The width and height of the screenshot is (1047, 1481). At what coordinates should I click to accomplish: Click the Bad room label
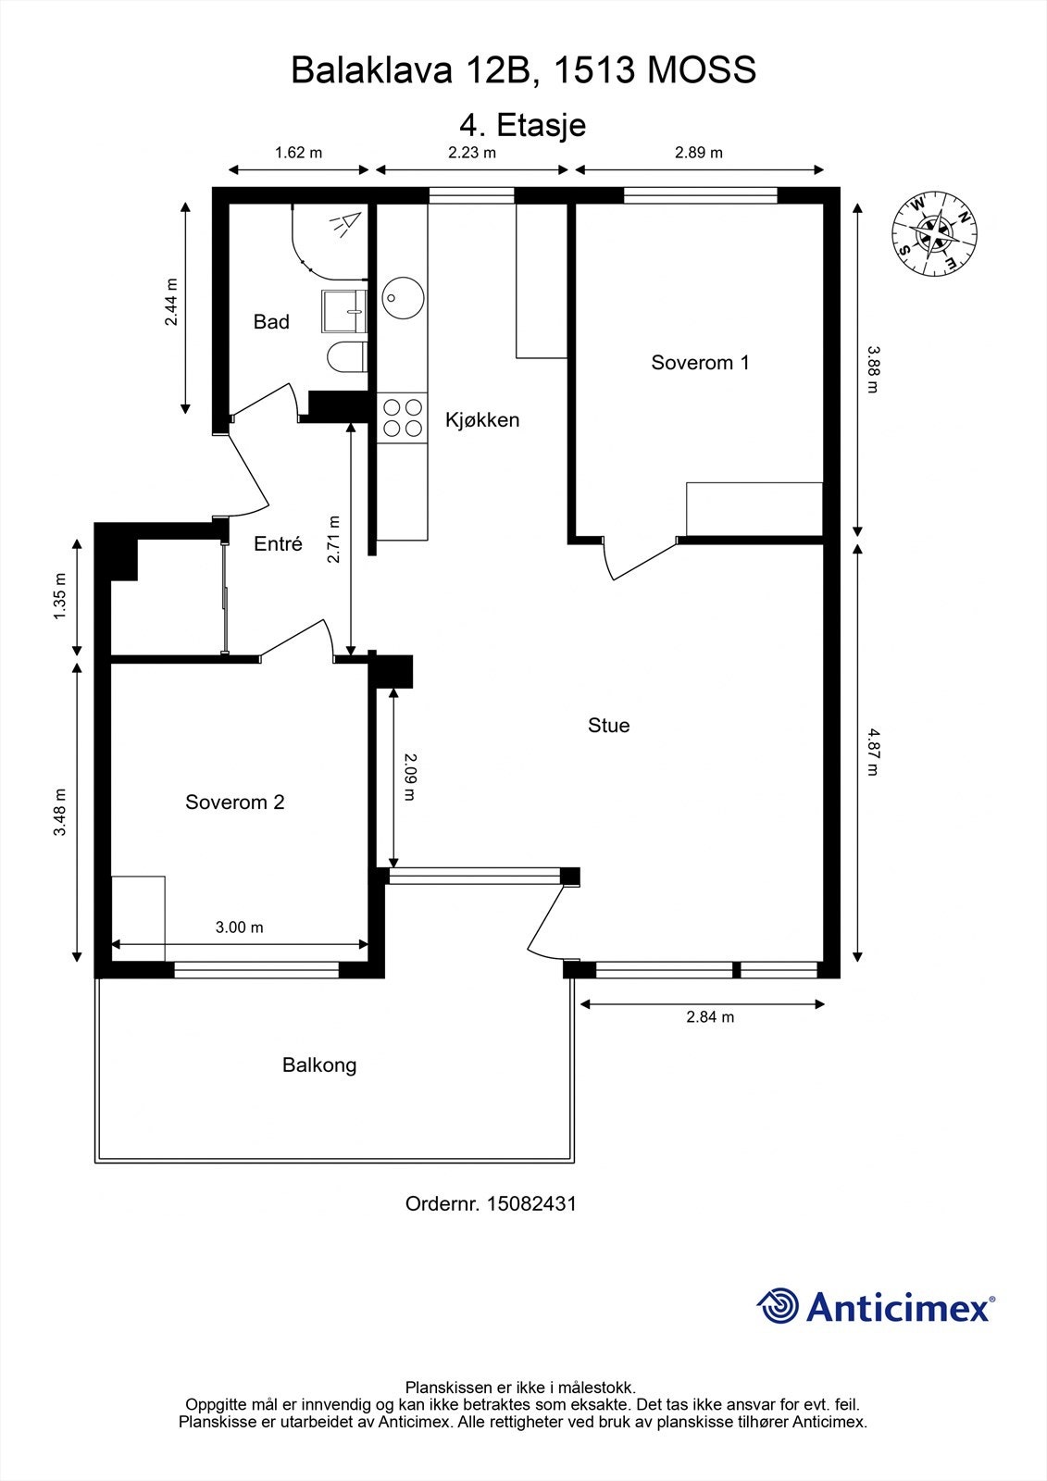271,322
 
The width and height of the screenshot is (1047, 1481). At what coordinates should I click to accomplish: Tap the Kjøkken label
482,420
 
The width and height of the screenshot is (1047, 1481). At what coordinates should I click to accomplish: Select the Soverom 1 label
701,362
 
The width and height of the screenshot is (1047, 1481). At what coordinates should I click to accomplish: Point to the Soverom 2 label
235,802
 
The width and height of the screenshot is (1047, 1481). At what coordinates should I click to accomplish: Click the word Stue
608,726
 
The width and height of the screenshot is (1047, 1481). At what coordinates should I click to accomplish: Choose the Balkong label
319,1065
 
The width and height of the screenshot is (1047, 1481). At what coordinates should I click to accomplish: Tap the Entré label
278,543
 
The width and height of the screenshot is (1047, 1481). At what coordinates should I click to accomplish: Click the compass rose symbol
935,234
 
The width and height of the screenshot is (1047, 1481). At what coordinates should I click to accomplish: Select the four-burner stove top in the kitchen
402,418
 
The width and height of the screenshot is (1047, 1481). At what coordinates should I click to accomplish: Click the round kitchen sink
403,297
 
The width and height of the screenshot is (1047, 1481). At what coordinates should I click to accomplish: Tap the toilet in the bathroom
347,357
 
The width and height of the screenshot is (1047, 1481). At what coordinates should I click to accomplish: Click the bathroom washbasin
344,311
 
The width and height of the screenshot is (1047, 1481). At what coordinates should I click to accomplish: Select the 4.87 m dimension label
874,752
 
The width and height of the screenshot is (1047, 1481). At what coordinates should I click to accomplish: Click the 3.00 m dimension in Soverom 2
240,927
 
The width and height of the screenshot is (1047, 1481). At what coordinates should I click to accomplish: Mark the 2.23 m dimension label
472,153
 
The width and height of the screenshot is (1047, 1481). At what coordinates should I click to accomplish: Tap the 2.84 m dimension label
710,1017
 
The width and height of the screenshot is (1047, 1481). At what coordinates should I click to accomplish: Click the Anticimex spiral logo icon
778,1306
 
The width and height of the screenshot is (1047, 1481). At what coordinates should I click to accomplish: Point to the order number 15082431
531,1204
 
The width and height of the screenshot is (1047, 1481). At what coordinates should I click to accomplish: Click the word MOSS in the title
702,70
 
